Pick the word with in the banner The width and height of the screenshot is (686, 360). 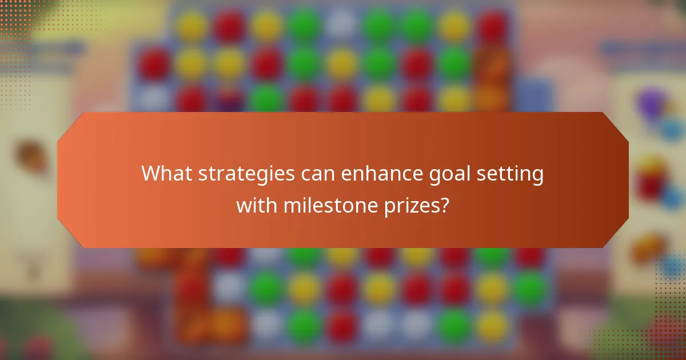coord(257,204)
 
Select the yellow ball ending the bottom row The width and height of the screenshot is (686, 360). coord(492,326)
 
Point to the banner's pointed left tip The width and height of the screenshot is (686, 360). coord(58,180)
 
